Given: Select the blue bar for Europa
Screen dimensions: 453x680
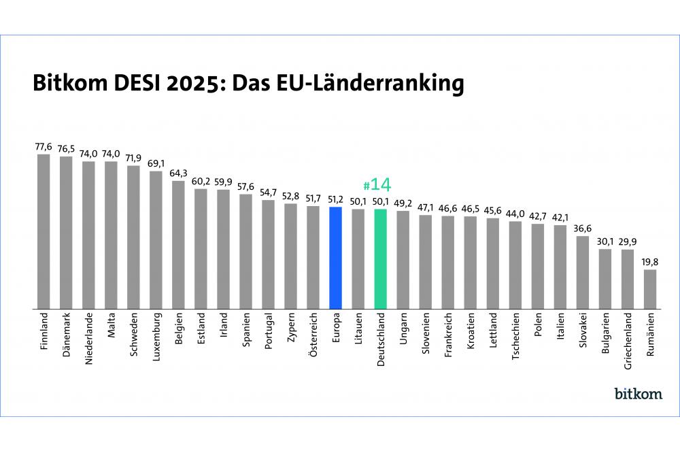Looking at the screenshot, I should [335, 258].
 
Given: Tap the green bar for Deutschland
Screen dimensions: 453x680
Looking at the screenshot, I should [380, 258].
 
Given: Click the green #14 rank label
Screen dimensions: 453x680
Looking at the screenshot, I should [378, 185].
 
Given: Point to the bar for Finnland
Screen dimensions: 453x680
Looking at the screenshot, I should [44, 231].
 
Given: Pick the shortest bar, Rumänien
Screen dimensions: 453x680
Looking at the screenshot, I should [650, 289].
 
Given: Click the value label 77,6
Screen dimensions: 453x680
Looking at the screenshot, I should [44, 146].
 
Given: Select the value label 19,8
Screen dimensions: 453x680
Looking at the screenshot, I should [650, 261].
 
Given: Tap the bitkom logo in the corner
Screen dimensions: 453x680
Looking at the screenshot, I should [638, 394].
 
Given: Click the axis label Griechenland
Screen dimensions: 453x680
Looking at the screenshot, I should [628, 340].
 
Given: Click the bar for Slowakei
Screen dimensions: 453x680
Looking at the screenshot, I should [583, 272].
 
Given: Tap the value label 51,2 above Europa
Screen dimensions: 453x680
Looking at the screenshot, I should [335, 199].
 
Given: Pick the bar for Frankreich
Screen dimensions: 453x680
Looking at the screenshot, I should [447, 262].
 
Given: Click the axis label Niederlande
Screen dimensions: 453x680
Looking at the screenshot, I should [88, 337].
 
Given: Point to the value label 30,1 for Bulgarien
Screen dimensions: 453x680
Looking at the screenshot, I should [605, 241].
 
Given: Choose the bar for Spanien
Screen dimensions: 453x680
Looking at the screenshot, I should [245, 251].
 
